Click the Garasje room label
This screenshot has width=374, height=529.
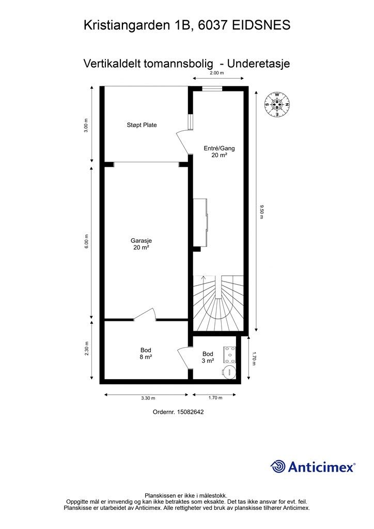142,244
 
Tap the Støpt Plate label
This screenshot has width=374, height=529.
142,125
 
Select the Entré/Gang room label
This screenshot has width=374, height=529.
219,151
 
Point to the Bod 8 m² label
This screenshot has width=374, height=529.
146,353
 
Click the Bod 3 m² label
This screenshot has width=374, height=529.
208,357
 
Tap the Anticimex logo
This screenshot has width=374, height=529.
313,466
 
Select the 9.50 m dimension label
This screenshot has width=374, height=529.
261,211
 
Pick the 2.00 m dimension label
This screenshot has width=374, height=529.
217,73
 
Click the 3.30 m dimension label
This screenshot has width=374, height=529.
148,398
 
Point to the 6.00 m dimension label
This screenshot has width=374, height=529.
86,242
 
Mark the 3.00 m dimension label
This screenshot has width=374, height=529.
86,125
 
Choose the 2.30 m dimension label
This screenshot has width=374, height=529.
87,349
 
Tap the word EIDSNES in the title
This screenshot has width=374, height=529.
261,25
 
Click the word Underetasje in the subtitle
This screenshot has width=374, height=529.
259,64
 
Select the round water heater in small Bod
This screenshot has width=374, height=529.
230,371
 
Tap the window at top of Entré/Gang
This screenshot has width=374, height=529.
212,89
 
